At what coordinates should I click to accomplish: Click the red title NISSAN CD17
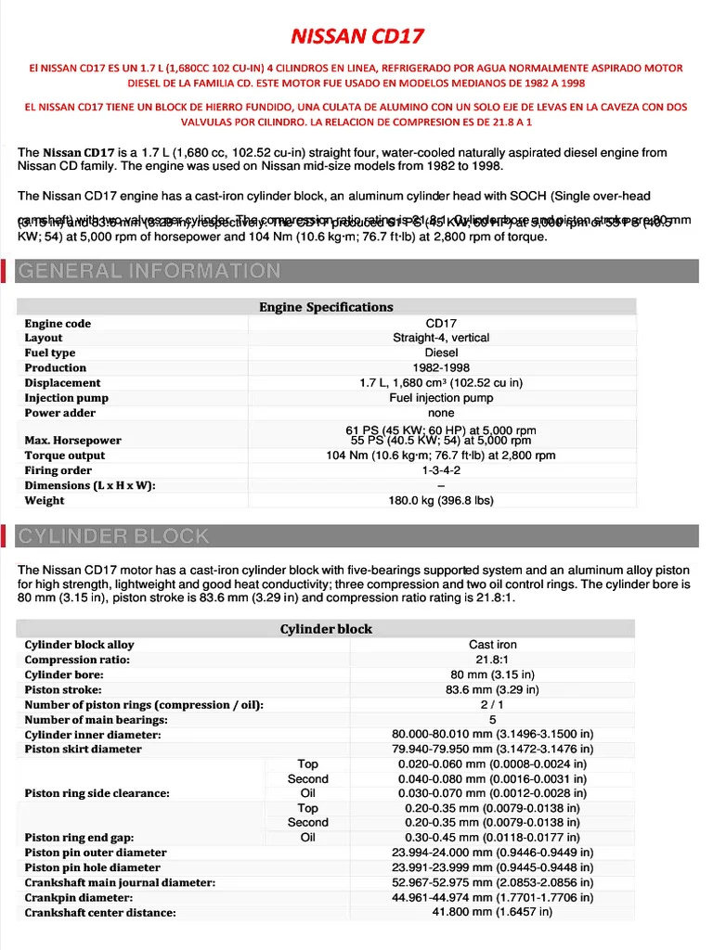pos(357,37)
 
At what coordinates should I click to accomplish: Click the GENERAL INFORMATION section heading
pos(149,271)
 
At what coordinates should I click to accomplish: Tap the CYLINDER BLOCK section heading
pos(114,536)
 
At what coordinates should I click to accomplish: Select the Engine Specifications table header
pos(326,307)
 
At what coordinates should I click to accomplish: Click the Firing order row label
pos(59,470)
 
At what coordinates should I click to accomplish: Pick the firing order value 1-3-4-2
pos(441,470)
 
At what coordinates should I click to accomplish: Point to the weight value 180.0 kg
pos(441,501)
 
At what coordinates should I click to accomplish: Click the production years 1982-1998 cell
pos(441,367)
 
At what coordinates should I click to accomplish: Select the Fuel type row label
pos(50,353)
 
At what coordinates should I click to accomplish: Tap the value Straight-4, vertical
pos(441,338)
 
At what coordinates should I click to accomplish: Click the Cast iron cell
pos(493,645)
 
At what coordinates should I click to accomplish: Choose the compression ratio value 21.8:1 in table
pos(493,660)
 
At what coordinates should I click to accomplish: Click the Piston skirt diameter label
pos(84,750)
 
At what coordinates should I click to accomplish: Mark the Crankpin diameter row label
pos(79,898)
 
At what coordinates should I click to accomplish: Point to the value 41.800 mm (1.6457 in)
pos(493,912)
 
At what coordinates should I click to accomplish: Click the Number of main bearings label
pos(97,720)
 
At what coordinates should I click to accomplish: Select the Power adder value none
pos(441,413)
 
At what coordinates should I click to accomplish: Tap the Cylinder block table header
pos(326,629)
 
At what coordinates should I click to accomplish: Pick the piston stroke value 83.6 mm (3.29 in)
pos(493,689)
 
